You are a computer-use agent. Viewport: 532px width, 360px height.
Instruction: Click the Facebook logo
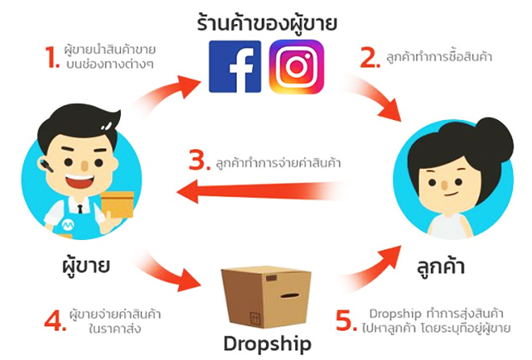[x=235, y=66]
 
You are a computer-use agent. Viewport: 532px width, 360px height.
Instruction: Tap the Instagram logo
[x=296, y=66]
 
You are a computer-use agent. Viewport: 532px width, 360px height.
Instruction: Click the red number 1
[x=52, y=57]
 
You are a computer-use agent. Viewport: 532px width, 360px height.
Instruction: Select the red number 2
[x=369, y=58]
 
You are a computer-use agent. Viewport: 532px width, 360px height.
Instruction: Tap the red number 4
[x=55, y=320]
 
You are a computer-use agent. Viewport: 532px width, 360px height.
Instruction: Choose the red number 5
[x=346, y=320]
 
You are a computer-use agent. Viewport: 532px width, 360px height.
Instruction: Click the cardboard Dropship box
[x=266, y=296]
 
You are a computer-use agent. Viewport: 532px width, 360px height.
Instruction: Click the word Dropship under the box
[x=268, y=344]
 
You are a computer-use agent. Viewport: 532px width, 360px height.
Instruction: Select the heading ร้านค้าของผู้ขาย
[x=267, y=23]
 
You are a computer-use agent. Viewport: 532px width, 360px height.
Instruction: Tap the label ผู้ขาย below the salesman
[x=85, y=266]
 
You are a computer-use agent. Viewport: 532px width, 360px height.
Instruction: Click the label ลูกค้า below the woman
[x=440, y=267]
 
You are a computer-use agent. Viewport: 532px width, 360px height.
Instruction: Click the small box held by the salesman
[x=118, y=205]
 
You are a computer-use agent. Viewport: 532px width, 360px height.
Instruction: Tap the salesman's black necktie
[x=80, y=209]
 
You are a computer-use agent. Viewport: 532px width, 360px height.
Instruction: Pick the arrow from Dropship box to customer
[x=370, y=268]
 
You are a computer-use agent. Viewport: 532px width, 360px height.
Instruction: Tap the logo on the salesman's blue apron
[x=68, y=224]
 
